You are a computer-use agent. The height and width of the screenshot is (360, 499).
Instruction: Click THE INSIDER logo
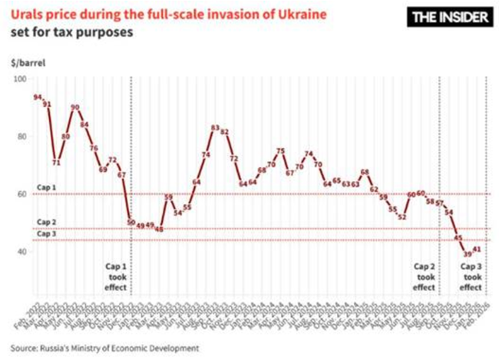click(x=444, y=18)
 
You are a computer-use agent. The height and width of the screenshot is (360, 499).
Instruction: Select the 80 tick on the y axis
click(x=21, y=137)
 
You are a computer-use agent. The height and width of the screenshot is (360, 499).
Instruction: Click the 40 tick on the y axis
click(x=21, y=252)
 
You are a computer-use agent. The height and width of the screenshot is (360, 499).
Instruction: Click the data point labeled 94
click(x=37, y=97)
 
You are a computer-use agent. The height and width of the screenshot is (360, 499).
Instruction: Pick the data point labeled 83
click(x=215, y=128)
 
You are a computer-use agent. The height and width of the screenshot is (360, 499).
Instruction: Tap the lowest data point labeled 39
click(x=468, y=254)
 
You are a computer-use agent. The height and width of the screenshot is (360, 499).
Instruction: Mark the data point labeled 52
click(x=402, y=217)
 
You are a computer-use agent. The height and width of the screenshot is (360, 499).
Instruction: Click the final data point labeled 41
click(x=477, y=249)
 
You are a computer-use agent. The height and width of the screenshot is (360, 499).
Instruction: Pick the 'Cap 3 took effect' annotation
click(x=471, y=277)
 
